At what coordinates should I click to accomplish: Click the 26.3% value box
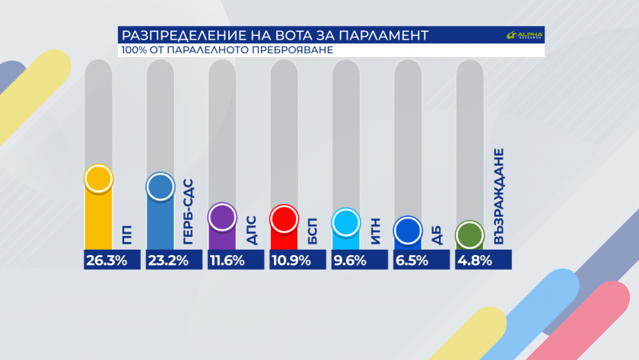[x=112, y=260]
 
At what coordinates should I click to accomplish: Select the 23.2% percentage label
[x=173, y=260]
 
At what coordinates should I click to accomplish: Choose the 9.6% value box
[x=359, y=260]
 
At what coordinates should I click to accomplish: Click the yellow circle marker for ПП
[x=99, y=179]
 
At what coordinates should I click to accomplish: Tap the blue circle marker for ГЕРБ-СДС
[x=161, y=187]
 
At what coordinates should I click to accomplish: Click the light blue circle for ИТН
[x=346, y=223]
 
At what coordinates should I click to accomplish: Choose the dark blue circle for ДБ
[x=408, y=231]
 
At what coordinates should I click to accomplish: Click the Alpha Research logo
[x=525, y=36]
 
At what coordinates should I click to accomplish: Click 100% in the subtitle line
[x=134, y=50]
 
